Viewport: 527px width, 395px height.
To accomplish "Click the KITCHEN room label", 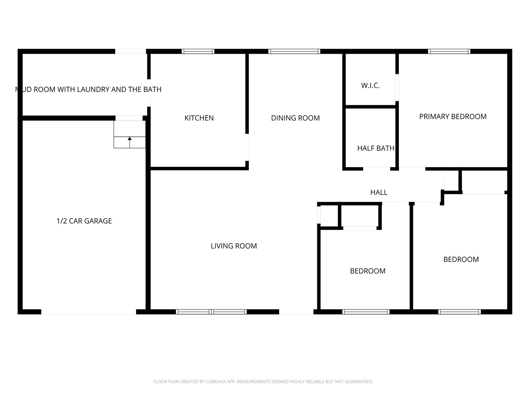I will point(199,118).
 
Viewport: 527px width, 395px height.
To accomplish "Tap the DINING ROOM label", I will point(295,118).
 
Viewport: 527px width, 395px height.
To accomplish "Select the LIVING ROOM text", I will point(233,246).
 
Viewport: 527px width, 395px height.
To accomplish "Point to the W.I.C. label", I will point(370,85).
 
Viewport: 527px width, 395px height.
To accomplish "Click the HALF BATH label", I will point(375,148).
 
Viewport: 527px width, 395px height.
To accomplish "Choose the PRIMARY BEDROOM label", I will point(452,116).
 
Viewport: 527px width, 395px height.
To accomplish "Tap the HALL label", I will point(378,192).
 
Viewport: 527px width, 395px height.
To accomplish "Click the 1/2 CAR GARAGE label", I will point(84,221).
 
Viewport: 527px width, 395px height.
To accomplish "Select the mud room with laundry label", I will point(88,89).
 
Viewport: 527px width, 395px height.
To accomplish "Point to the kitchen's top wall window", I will point(198,52).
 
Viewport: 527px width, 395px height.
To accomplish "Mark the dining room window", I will point(294,52).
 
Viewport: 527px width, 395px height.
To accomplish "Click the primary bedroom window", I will point(449,52).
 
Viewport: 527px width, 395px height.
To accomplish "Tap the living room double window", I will point(211,312).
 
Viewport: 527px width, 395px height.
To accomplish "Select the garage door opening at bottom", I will point(89,312).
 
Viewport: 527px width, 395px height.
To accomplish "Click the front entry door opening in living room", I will point(296,312).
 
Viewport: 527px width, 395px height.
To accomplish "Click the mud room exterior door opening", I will point(131,52).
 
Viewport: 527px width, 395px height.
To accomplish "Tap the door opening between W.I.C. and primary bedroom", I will point(397,87).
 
